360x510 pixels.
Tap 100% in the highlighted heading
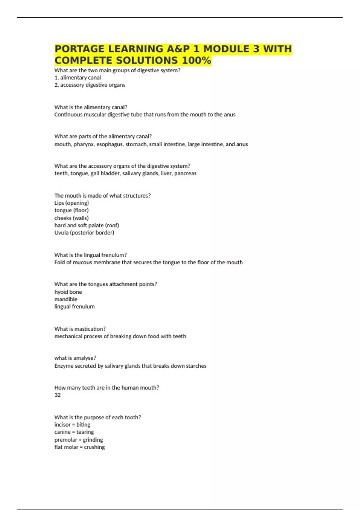(196, 61)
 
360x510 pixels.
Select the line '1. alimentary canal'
(78, 78)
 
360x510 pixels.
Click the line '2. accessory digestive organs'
(90, 85)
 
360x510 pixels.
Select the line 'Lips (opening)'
(72, 203)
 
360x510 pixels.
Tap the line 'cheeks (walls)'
(71, 218)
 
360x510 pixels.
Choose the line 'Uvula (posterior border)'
(84, 233)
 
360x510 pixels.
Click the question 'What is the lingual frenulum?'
(90, 255)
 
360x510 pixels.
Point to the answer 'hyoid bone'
(68, 292)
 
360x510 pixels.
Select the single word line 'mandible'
(66, 299)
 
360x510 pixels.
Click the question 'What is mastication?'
(80, 329)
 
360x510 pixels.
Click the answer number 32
(58, 395)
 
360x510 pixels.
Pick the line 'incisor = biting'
(72, 425)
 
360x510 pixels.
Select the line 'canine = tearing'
(74, 432)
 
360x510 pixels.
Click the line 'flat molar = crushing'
(79, 447)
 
